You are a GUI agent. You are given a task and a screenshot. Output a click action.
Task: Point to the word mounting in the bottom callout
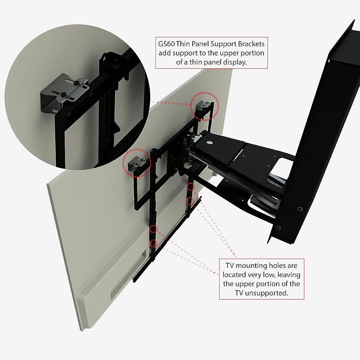point(253,266)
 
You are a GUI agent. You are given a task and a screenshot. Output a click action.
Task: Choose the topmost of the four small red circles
point(190,187)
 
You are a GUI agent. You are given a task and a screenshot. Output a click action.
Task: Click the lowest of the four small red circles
point(153,243)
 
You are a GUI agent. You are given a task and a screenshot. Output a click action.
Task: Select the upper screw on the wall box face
point(300,209)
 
